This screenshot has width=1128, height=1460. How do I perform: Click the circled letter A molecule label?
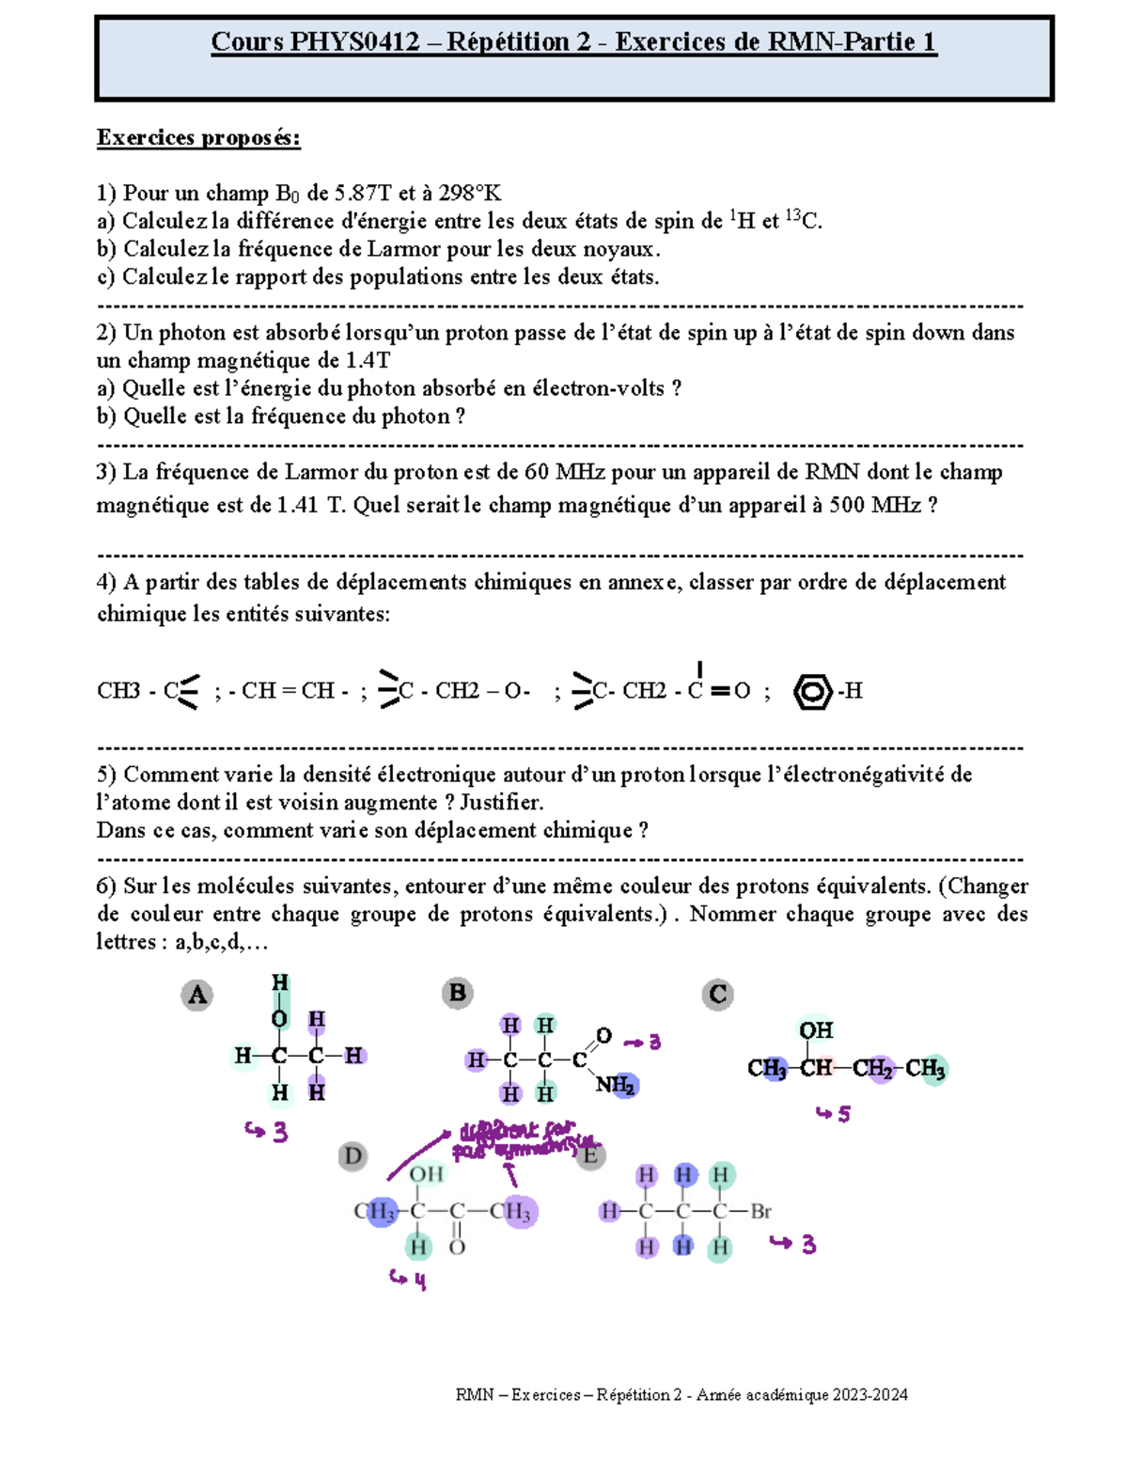click(x=196, y=995)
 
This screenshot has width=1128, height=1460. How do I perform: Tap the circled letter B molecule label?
click(x=458, y=993)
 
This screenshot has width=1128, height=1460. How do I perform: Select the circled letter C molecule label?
click(x=718, y=994)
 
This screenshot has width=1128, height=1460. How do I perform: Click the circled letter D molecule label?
click(x=352, y=1155)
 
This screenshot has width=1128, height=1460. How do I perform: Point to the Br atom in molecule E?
click(x=760, y=1212)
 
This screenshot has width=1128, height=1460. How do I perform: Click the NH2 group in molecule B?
click(x=616, y=1085)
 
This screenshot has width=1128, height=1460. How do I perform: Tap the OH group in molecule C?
click(x=815, y=1030)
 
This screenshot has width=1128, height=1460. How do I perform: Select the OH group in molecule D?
click(x=426, y=1173)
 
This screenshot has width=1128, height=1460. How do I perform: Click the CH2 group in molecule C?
click(x=873, y=1069)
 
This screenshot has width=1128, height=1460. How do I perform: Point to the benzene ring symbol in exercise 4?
click(x=812, y=692)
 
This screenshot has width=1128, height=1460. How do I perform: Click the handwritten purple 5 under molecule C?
click(x=843, y=1115)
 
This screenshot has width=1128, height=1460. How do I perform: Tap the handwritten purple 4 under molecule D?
click(x=419, y=1280)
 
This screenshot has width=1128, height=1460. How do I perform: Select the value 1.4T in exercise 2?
click(x=368, y=361)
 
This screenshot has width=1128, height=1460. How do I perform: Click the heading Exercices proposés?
click(x=198, y=138)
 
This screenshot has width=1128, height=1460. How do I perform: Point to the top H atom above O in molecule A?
click(x=280, y=983)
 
